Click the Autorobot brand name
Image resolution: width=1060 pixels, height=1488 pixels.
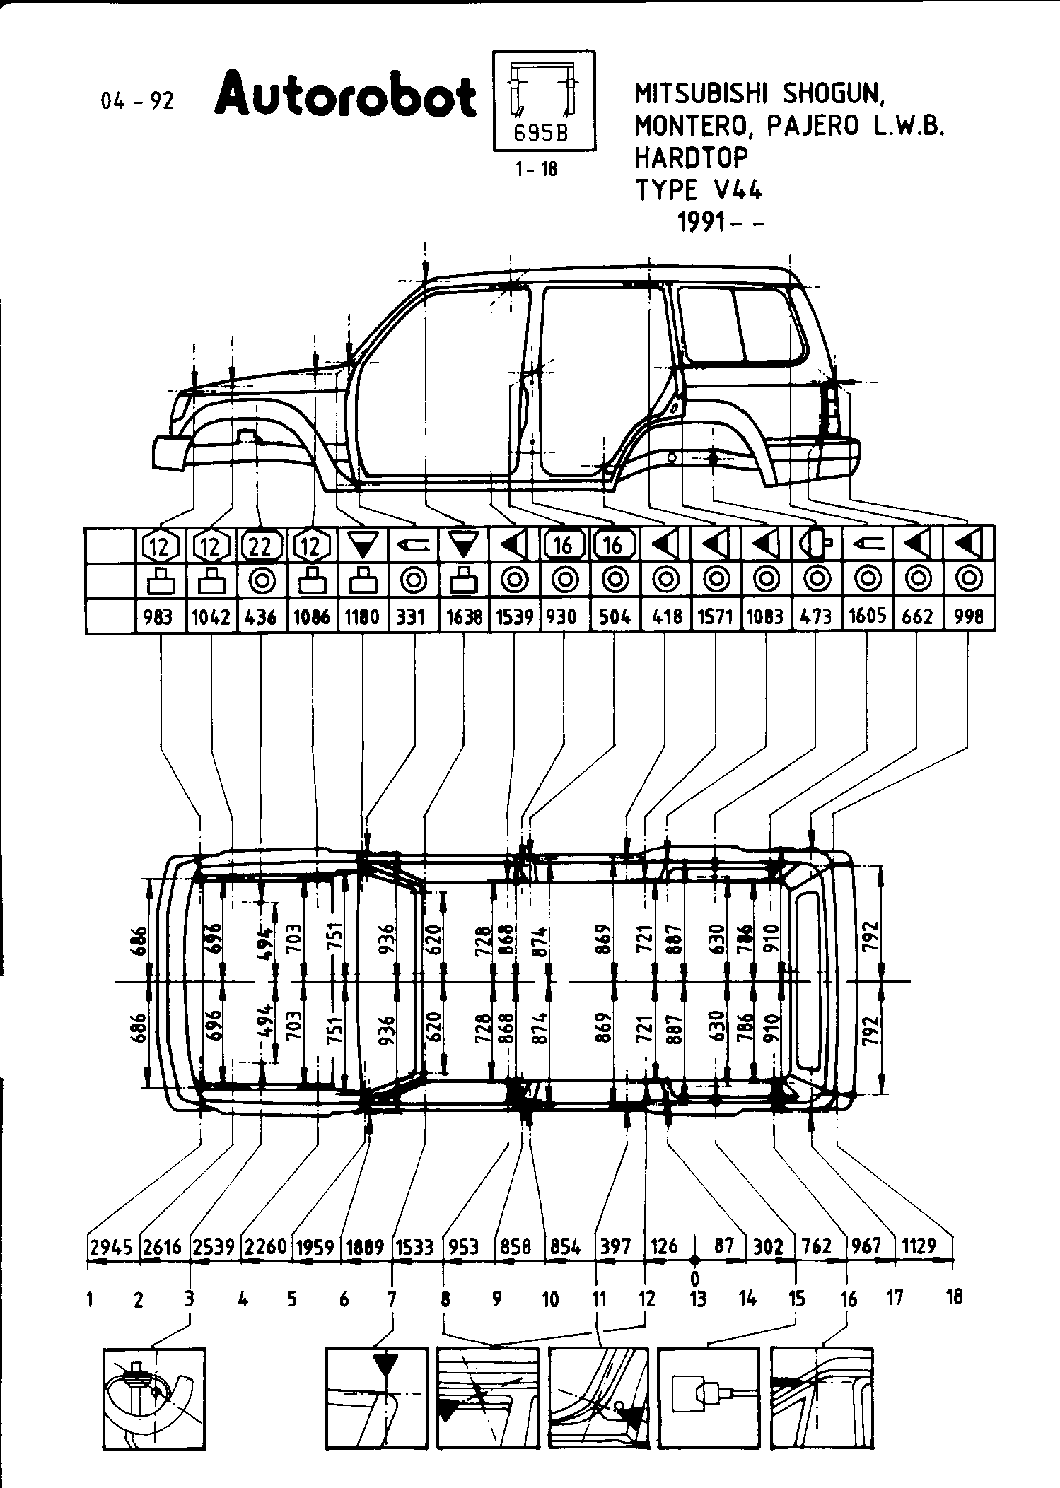(x=345, y=98)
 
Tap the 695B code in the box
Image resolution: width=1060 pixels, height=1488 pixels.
(x=541, y=134)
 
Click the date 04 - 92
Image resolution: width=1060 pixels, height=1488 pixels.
(x=137, y=101)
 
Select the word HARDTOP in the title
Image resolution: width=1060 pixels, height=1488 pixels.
(x=690, y=157)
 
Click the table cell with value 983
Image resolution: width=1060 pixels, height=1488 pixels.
(x=158, y=616)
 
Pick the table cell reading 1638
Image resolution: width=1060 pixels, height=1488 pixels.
(x=464, y=616)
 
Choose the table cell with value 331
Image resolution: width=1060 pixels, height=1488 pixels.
(x=410, y=616)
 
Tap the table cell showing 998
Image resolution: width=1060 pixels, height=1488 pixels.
(x=968, y=616)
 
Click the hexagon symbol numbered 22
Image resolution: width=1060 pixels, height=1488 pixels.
(x=262, y=545)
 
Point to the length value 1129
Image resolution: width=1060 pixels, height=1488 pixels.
(x=919, y=1247)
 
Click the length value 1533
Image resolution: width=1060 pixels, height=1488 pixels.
(x=414, y=1247)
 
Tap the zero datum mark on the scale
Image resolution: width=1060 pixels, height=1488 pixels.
(x=695, y=1260)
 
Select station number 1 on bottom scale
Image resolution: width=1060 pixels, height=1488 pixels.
(x=91, y=1299)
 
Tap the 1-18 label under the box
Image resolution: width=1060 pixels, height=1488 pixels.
(x=537, y=170)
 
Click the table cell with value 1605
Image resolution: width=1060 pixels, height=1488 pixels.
(x=868, y=616)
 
